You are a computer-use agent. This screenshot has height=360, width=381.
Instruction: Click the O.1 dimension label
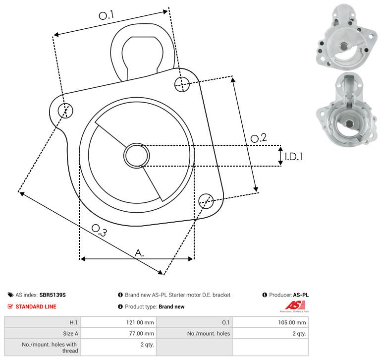pos(107,15)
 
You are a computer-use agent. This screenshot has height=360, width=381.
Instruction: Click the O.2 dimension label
pos(259,138)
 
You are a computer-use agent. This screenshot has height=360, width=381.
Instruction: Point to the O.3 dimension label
pos(99,230)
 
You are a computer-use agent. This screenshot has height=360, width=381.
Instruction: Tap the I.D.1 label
pos(294,157)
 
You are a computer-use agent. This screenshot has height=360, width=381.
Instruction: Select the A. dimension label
pos(140,253)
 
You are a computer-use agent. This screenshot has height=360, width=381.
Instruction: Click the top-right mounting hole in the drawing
pos(182,84)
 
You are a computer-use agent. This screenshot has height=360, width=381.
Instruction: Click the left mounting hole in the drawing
pos(65,111)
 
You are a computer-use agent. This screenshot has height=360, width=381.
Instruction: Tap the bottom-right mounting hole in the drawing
pos(206,201)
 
